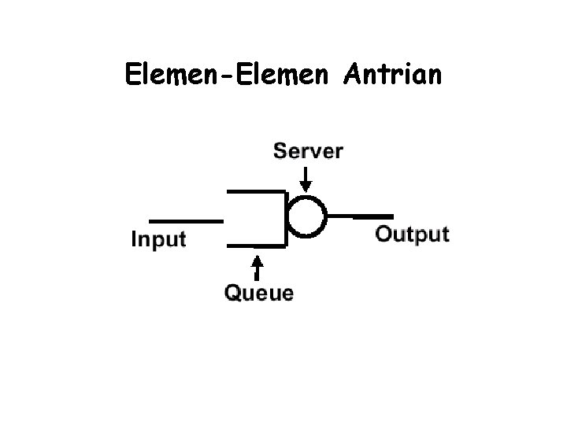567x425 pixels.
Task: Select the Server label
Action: pyautogui.click(x=308, y=150)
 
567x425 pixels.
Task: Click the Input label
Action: pyautogui.click(x=158, y=238)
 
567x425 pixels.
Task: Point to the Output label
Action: pyautogui.click(x=412, y=234)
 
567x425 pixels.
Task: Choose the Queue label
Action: pyautogui.click(x=259, y=294)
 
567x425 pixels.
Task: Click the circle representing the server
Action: pyautogui.click(x=306, y=215)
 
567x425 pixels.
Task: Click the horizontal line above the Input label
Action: pyautogui.click(x=185, y=220)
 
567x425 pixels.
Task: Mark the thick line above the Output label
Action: pyautogui.click(x=372, y=215)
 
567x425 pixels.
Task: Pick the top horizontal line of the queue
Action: pyautogui.click(x=256, y=191)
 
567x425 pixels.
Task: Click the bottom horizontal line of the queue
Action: pyautogui.click(x=256, y=246)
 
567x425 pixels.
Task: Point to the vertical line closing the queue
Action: pyautogui.click(x=284, y=218)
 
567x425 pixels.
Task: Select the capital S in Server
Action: pyautogui.click(x=280, y=150)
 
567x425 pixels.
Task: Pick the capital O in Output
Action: pyautogui.click(x=384, y=234)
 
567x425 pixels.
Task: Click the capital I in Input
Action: pyautogui.click(x=134, y=238)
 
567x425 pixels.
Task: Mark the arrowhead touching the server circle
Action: pyautogui.click(x=306, y=186)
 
